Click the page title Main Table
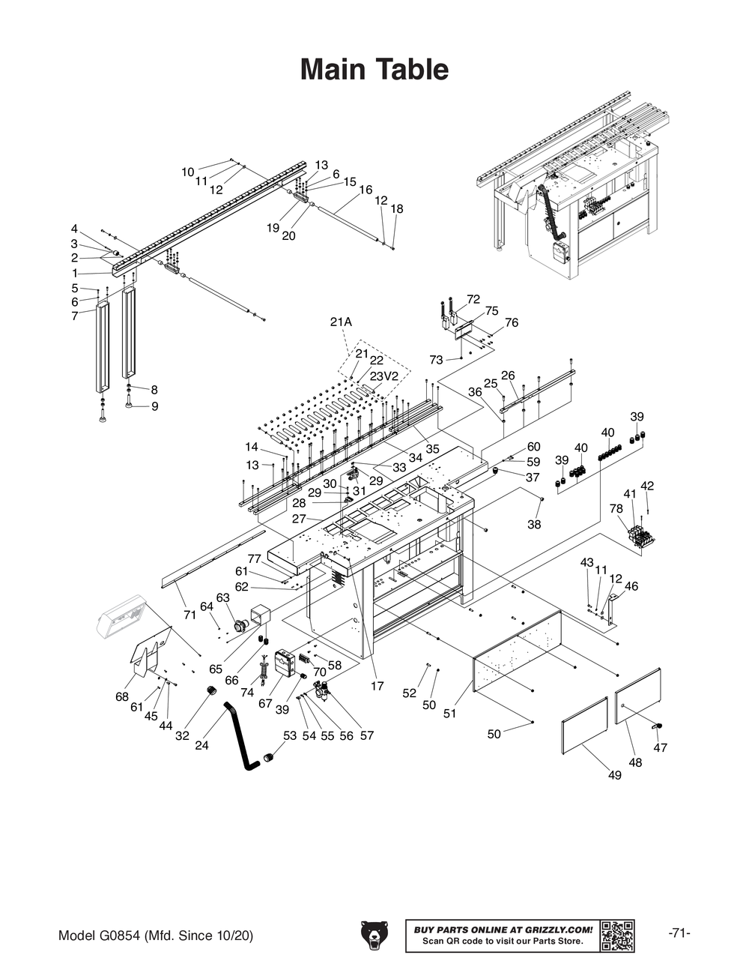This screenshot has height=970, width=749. coord(374,70)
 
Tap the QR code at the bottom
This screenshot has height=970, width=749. coord(618,935)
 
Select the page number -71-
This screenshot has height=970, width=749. coord(679,933)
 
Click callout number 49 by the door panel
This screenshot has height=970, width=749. coord(614,776)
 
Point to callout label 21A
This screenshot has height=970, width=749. coord(341,322)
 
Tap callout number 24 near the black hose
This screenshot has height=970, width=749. coord(201,745)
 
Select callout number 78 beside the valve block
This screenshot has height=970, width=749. coord(616,508)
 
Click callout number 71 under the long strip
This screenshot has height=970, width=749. coord(189,615)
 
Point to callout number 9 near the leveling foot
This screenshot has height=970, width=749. coord(154,406)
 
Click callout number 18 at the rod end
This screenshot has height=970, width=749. coord(397,208)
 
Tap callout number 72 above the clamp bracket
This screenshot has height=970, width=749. coord(473,299)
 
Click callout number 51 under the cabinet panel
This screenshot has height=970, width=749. coord(449,714)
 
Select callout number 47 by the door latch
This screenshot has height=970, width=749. coord(660,747)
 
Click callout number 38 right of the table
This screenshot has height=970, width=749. coord(533,525)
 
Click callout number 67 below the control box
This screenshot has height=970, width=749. coord(265,703)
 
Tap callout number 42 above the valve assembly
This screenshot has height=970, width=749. coord(647,486)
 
